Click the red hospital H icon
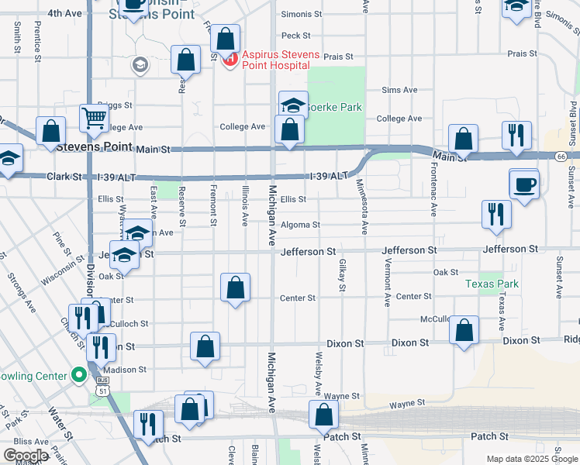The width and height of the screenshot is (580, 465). (x=230, y=60)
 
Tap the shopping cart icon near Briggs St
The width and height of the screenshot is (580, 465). (x=94, y=119)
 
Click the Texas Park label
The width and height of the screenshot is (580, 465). (x=491, y=284)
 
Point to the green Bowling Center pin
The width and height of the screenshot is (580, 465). (x=78, y=375)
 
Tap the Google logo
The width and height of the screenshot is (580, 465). (x=26, y=456)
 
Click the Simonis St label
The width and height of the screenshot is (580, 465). (x=302, y=14)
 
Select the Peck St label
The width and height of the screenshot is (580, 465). (x=295, y=35)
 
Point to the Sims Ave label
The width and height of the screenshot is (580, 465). (x=399, y=90)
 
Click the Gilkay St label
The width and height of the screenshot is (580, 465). (x=341, y=276)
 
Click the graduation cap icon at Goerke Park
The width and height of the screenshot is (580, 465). (x=294, y=105)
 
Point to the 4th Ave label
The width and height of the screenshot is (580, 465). (x=64, y=14)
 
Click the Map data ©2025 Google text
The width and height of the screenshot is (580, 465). (x=531, y=458)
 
